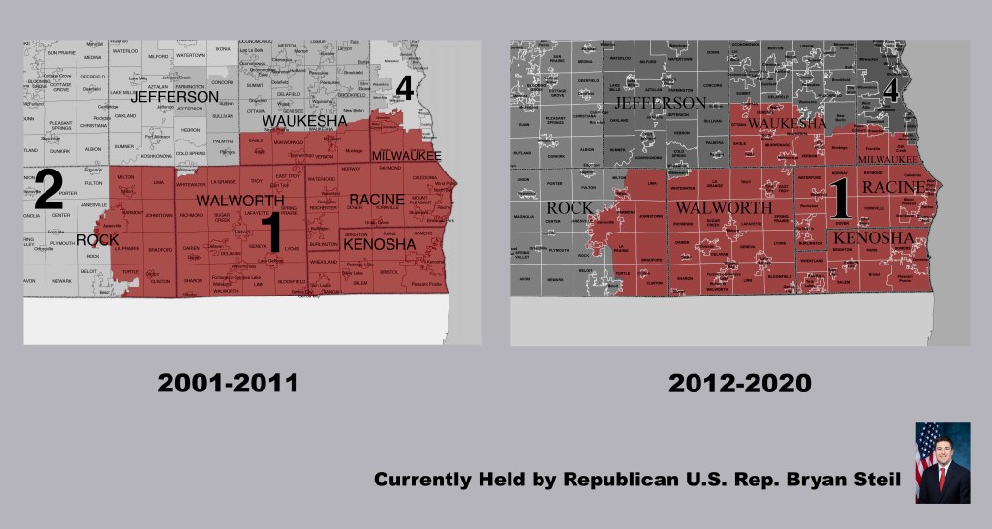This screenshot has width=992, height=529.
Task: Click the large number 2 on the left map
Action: [48, 191]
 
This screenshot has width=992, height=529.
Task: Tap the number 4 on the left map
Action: [404, 89]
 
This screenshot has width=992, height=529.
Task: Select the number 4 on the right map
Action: [893, 92]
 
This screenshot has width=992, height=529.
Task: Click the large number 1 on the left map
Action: [272, 233]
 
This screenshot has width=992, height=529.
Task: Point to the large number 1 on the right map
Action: [840, 201]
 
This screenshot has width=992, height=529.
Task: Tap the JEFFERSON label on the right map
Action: [660, 102]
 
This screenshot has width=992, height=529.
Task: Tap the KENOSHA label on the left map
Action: [380, 244]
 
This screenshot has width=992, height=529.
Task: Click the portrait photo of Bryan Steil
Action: [943, 462]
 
